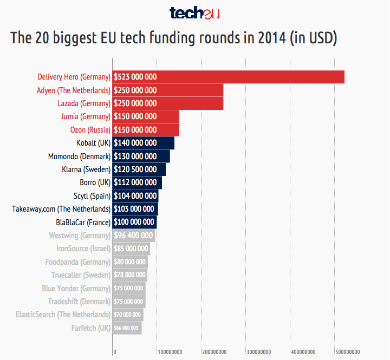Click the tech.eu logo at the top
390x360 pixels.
194,13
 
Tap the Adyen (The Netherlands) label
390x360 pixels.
74,90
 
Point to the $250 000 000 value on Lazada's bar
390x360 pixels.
135,103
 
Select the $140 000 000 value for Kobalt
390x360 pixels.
135,143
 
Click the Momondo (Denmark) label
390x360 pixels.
79,156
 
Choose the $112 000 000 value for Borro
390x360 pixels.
135,182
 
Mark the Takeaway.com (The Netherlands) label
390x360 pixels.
61,209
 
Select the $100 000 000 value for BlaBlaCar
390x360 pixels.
134,222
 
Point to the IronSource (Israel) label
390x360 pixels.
83,248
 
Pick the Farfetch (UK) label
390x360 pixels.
91,328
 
